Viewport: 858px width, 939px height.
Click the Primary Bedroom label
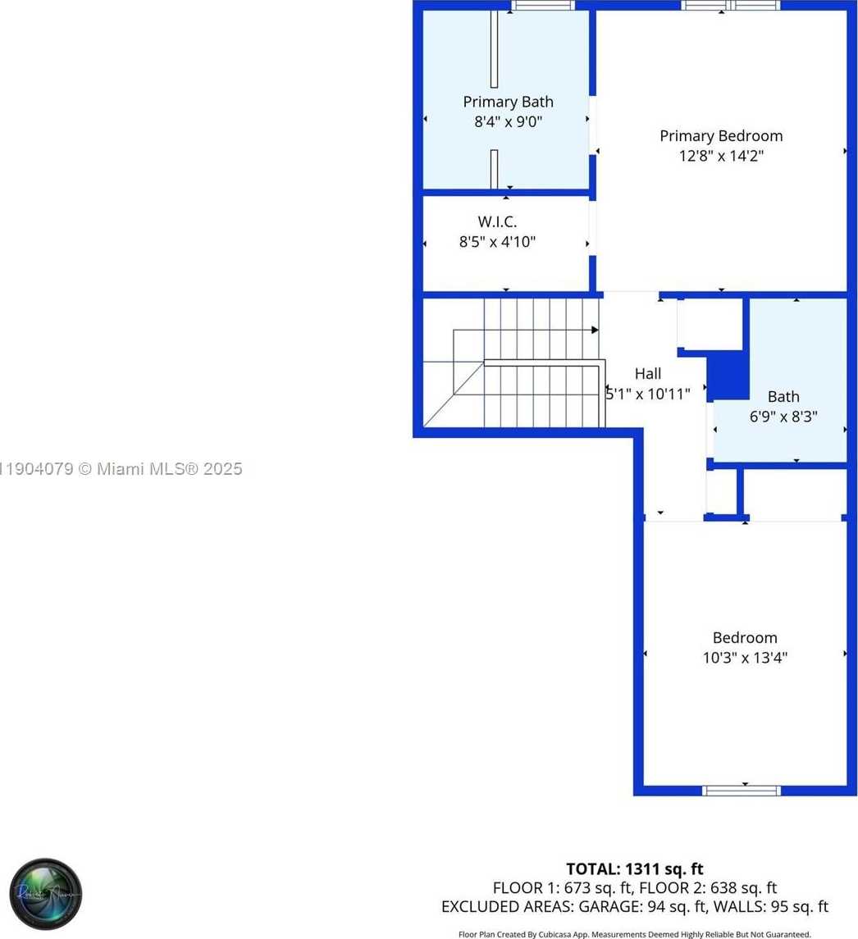pos(721,136)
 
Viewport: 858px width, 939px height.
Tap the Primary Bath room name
pos(508,102)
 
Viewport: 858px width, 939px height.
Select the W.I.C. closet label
pos(497,221)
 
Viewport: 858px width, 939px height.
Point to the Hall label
pos(647,374)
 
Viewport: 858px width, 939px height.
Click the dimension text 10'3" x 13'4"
pos(745,658)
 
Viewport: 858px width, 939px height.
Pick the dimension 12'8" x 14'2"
pos(721,156)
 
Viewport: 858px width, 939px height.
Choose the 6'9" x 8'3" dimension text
pos(783,416)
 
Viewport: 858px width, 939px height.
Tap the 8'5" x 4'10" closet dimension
pos(497,242)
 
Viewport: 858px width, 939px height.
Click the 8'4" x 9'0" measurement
pos(508,122)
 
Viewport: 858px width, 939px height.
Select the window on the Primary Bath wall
pos(542,6)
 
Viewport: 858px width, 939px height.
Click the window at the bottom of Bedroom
pos(741,791)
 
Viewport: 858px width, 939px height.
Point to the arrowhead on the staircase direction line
pos(594,330)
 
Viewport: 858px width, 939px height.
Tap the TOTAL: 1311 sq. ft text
pos(634,869)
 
